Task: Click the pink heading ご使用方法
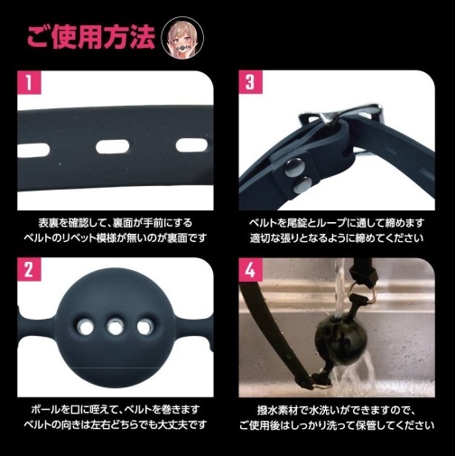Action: tap(89, 38)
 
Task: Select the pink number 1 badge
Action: tap(30, 86)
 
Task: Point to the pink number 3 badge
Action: tap(250, 86)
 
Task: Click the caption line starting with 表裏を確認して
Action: tap(115, 221)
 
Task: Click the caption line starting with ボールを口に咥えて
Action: tap(115, 407)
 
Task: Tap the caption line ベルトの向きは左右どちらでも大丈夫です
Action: tap(115, 423)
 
